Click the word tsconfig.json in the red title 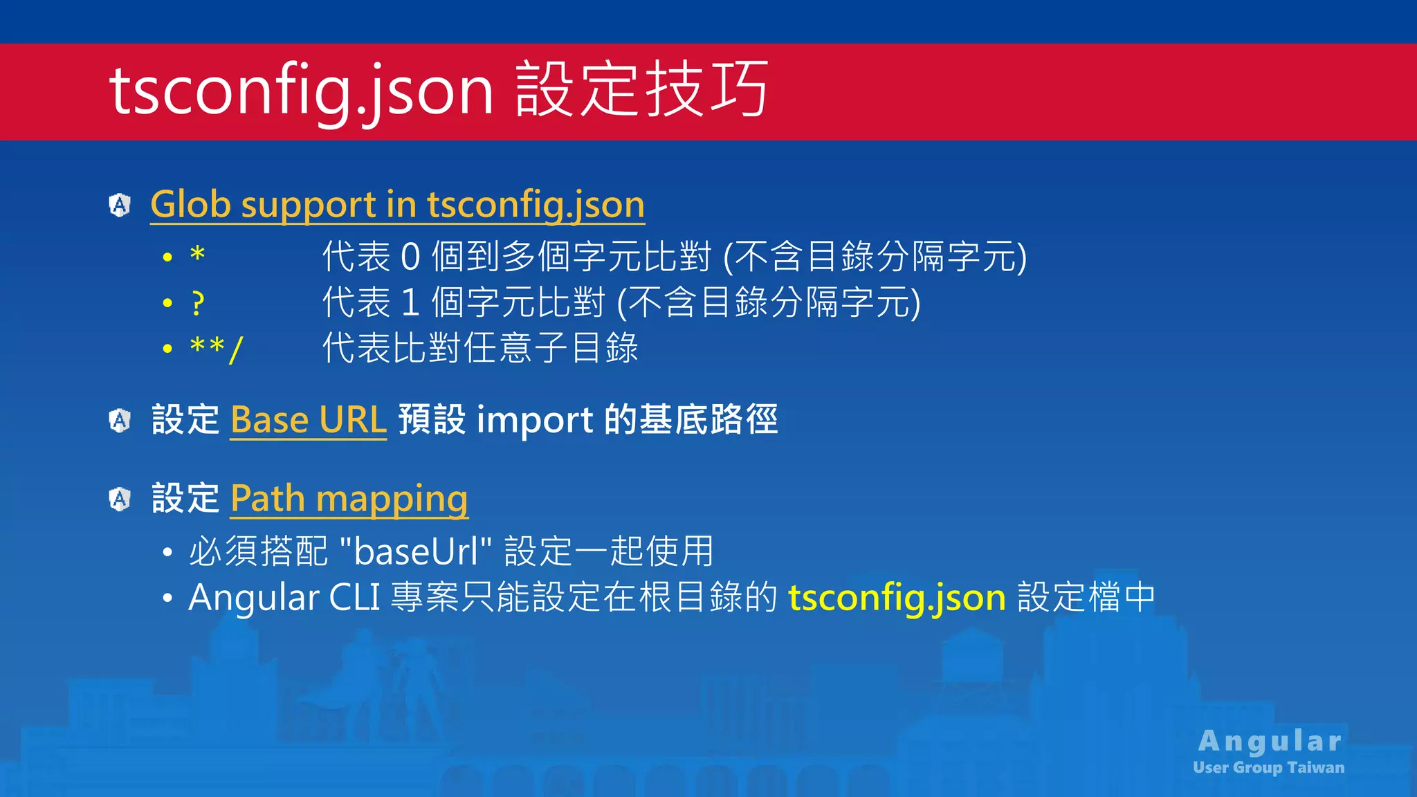[301, 90]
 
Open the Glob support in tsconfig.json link [397, 205]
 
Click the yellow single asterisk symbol [198, 255]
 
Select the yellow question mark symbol [198, 303]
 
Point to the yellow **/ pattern [216, 348]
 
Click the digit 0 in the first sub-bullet [410, 257]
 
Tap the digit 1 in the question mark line [410, 303]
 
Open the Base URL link [308, 420]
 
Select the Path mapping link [349, 498]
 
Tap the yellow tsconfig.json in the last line [897, 597]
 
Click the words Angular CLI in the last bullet [284, 597]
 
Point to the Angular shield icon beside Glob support [120, 205]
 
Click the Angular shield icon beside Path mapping [120, 499]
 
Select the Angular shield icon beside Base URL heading [120, 420]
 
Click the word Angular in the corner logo [1270, 741]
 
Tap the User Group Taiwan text [1268, 767]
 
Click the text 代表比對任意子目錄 [480, 348]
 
